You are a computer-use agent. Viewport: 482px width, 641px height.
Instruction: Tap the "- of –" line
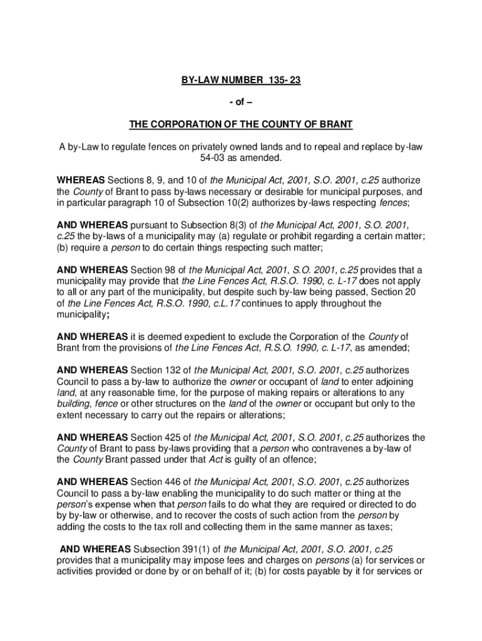(x=240, y=102)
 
